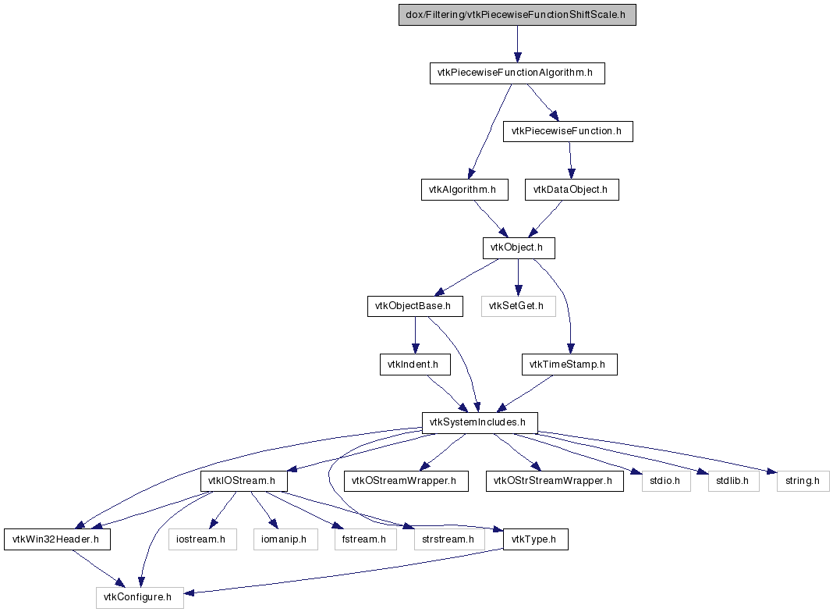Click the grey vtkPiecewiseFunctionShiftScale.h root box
[x=517, y=15]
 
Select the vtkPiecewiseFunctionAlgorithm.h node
[x=517, y=73]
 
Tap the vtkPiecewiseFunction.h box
[x=568, y=131]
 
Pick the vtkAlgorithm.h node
[x=464, y=189]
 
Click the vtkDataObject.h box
[x=572, y=189]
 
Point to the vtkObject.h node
[x=519, y=247]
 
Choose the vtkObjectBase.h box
[x=415, y=306]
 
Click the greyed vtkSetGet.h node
[x=519, y=306]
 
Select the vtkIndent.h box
[x=415, y=365]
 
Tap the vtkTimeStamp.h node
[x=569, y=365]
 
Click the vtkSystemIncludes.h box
[x=480, y=422]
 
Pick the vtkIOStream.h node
[x=244, y=481]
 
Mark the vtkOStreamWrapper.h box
[x=406, y=481]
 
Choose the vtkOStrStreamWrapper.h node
[x=555, y=481]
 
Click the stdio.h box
[x=666, y=481]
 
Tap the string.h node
[x=803, y=481]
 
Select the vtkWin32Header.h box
[x=58, y=539]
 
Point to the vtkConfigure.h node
[x=140, y=597]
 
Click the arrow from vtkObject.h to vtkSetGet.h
[x=519, y=277]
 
